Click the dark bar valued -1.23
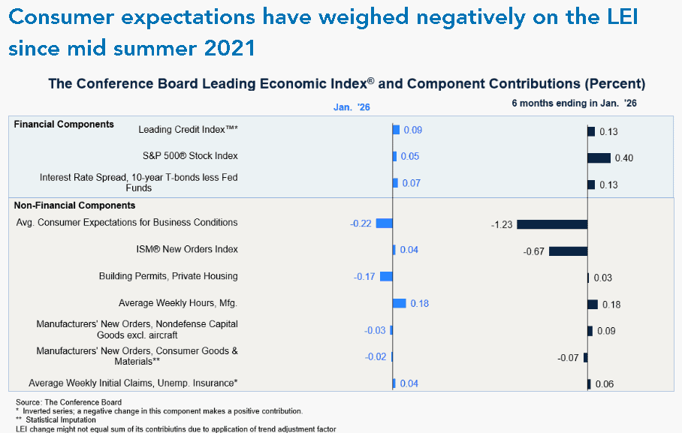tap(552, 224)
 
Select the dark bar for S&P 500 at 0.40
tap(599, 158)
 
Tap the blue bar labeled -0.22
tap(385, 223)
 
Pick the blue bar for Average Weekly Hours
tap(400, 303)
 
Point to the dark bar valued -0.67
tap(569, 251)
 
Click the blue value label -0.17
tap(364, 277)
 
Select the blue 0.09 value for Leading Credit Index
tap(413, 130)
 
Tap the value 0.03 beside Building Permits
tap(603, 278)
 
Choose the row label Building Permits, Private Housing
tap(168, 276)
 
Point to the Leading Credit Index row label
tap(189, 130)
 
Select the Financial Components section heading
tap(64, 124)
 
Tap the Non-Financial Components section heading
tap(74, 205)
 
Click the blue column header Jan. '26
tap(352, 107)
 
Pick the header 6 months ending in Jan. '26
tap(574, 103)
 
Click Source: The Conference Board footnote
tap(68, 403)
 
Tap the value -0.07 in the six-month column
tap(568, 358)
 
